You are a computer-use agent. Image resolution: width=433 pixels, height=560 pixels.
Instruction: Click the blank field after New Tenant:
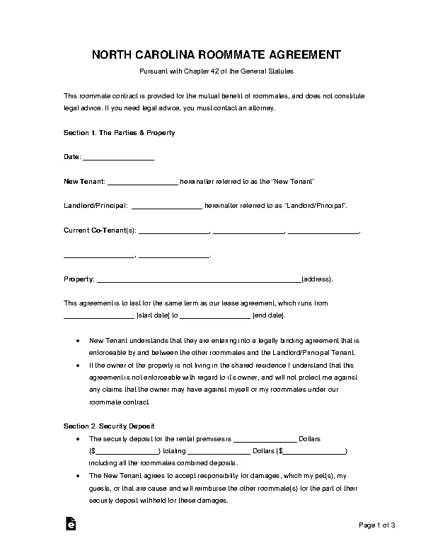click(142, 182)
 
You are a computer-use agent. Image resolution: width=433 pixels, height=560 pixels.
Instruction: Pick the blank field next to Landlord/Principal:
click(166, 206)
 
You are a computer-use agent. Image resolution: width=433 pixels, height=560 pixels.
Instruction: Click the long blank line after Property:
click(198, 279)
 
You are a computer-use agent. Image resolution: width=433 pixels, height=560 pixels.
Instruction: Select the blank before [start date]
click(98, 315)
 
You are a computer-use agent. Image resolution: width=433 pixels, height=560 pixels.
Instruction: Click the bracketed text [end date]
click(270, 315)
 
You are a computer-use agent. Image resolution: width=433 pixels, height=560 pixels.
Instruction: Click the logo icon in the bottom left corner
click(70, 524)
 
